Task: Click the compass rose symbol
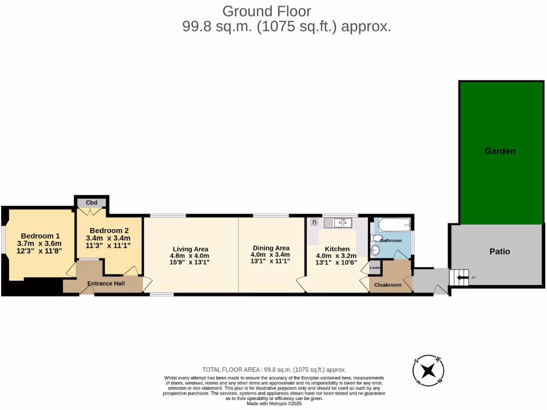pyautogui.click(x=428, y=370)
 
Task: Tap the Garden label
pyautogui.click(x=499, y=151)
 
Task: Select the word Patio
pyautogui.click(x=499, y=251)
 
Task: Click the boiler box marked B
pyautogui.click(x=314, y=222)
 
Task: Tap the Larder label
pyautogui.click(x=375, y=267)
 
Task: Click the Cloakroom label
pyautogui.click(x=388, y=285)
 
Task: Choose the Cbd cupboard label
pyautogui.click(x=92, y=202)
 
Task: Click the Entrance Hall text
pyautogui.click(x=106, y=283)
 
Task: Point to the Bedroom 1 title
pyautogui.click(x=40, y=235)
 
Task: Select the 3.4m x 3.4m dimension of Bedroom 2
pyautogui.click(x=108, y=238)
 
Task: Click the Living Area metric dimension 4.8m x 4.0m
pyautogui.click(x=190, y=255)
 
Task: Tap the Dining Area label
pyautogui.click(x=271, y=248)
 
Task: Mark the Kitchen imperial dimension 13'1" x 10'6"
pyautogui.click(x=337, y=262)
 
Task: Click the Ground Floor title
pyautogui.click(x=266, y=11)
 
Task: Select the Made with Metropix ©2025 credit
pyautogui.click(x=274, y=404)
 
